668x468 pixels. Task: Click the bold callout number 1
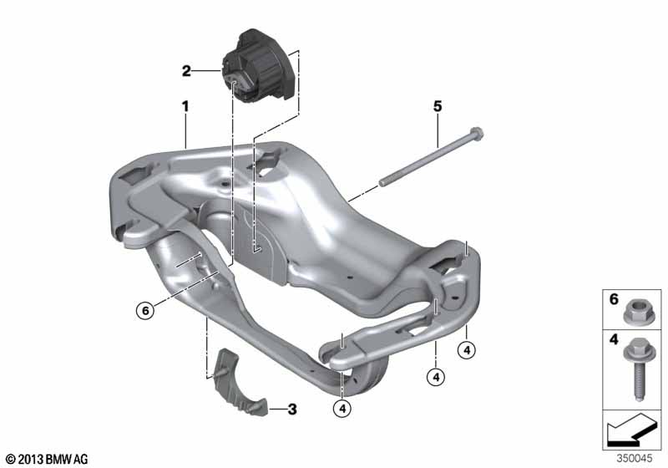coord(185,106)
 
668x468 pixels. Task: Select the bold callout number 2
coord(186,71)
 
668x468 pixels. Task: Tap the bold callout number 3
coord(291,409)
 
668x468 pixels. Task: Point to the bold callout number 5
coord(438,106)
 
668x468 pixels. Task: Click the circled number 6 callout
coord(145,310)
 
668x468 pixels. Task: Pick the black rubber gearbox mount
coord(259,66)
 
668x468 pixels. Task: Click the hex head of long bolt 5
coord(477,133)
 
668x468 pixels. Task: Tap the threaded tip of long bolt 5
coord(382,182)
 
